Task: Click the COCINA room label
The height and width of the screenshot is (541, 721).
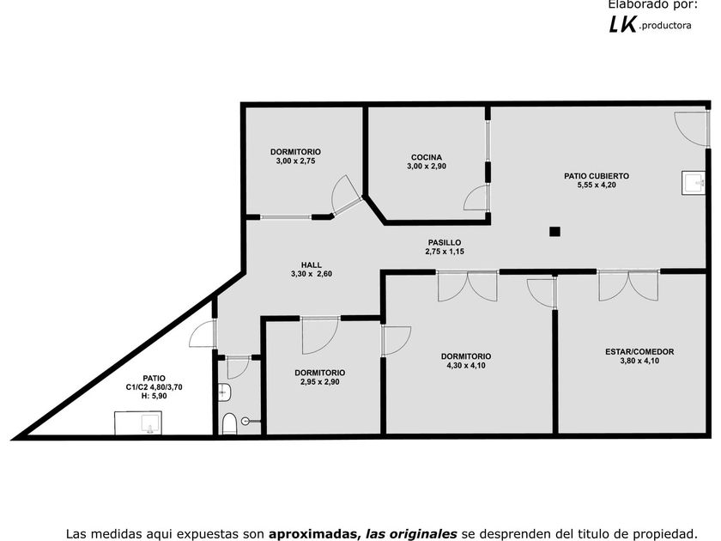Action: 427,157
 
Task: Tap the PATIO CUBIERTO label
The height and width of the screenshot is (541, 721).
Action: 597,176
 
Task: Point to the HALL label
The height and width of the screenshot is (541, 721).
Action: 311,264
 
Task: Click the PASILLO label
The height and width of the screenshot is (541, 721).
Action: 444,243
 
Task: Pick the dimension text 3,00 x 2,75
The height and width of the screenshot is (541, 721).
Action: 295,161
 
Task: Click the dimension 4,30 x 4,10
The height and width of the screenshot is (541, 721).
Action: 466,365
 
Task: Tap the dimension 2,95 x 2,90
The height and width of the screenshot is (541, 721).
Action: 320,381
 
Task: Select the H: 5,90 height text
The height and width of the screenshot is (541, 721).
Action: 154,396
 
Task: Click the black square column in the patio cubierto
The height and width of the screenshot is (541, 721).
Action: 555,231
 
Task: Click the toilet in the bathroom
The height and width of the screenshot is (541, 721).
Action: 229,422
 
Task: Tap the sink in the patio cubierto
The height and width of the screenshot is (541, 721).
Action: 694,182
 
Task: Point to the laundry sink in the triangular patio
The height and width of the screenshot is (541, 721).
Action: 138,422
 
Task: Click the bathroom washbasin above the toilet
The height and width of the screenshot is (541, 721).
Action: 224,392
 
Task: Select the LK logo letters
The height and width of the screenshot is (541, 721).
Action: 622,25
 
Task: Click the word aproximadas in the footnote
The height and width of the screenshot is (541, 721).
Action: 314,533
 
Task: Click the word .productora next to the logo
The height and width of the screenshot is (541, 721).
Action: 666,27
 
